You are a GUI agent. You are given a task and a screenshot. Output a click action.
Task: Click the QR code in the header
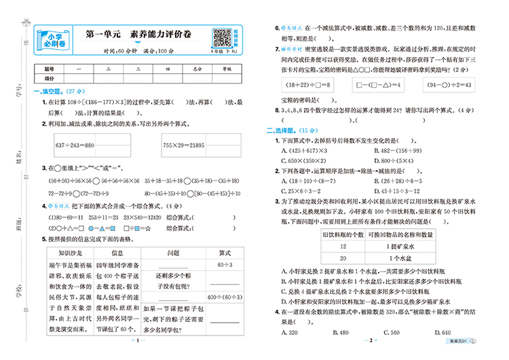tap(221, 37)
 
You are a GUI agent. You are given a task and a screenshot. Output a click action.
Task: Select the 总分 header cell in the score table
tap(197, 69)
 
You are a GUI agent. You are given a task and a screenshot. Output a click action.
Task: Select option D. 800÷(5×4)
tap(397, 160)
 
